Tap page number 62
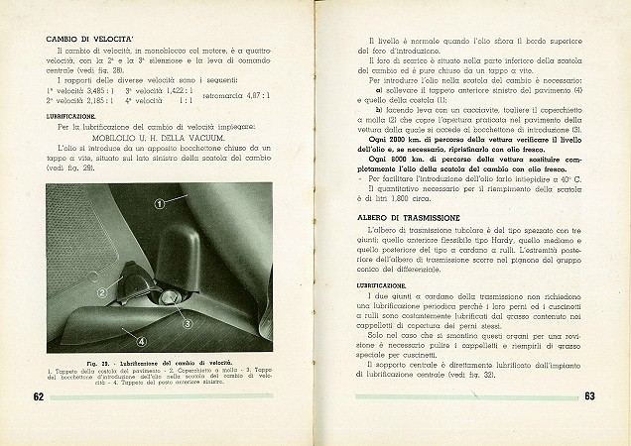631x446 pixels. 33,397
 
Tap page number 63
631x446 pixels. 588,397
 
